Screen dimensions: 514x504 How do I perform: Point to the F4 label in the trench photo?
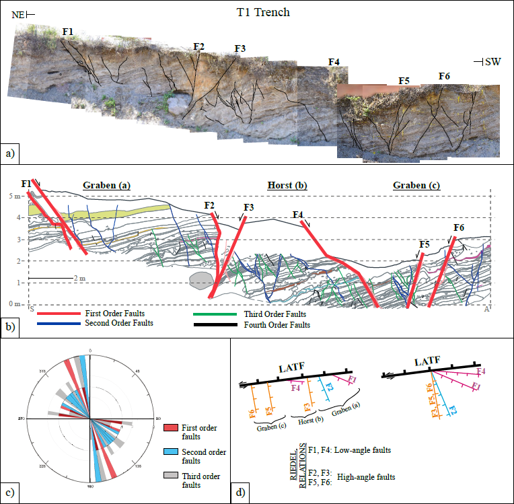click(334, 63)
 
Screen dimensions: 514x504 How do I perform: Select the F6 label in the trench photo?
click(444, 76)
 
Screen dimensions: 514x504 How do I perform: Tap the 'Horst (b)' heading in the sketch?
click(284, 185)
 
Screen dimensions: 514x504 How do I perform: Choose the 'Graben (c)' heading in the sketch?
click(417, 185)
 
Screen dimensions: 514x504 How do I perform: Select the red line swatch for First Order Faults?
click(59, 314)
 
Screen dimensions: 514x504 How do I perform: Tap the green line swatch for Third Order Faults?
click(216, 314)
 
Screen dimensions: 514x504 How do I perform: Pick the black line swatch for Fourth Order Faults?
click(216, 325)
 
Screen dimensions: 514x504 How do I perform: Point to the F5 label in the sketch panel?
click(424, 244)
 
